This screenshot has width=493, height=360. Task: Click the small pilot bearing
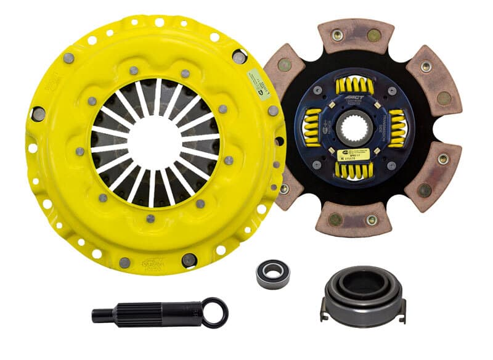273,272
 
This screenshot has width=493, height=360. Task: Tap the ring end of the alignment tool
214,312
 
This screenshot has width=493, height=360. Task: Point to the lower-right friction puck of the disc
434,176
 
